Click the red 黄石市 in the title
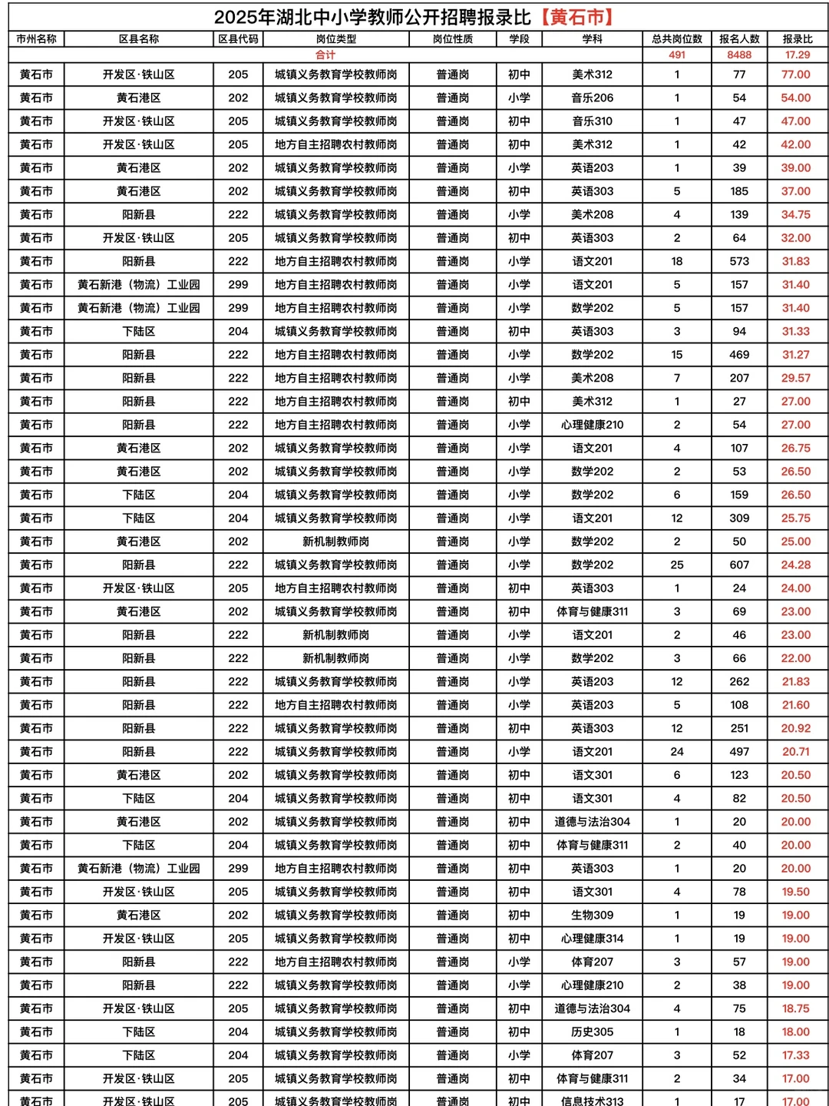[576, 17]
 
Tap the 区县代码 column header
[238, 39]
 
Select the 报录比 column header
[797, 39]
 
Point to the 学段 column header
[519, 39]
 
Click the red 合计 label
[325, 55]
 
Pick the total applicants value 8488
[739, 55]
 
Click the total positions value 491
[676, 55]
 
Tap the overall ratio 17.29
[797, 55]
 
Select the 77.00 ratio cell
[796, 75]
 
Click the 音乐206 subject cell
[592, 98]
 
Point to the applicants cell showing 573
[739, 261]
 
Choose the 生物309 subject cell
[592, 915]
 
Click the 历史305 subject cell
[592, 1031]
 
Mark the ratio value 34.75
[796, 215]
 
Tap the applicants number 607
[739, 565]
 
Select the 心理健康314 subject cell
[592, 939]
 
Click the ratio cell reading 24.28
[796, 565]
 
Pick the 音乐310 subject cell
[592, 121]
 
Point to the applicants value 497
[739, 752]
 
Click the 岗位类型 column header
[335, 39]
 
